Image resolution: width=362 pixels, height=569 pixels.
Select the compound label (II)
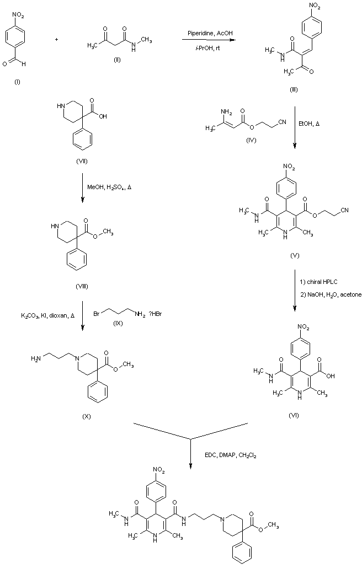pos(116,59)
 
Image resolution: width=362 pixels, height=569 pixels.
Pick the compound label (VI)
pos(294,415)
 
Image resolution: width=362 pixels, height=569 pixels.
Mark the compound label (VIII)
pos(81,286)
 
